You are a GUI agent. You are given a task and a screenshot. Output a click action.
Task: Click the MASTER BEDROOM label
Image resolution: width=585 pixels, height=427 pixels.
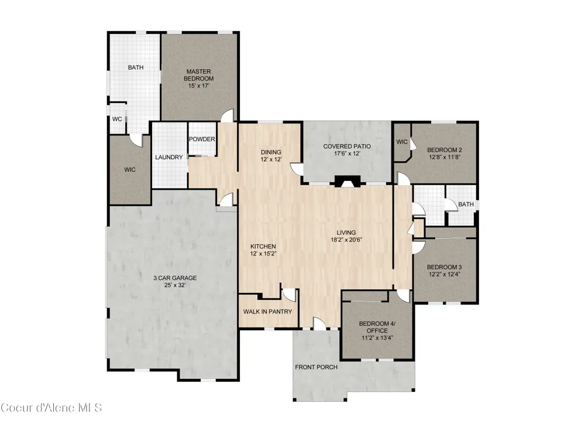tap(198, 75)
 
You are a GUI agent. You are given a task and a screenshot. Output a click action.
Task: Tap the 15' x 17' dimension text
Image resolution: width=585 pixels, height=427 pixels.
tap(198, 86)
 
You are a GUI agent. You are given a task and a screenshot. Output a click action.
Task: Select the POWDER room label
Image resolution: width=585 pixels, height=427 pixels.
tap(202, 139)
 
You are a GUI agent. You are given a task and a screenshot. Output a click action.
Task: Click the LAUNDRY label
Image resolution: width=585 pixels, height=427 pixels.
tap(169, 158)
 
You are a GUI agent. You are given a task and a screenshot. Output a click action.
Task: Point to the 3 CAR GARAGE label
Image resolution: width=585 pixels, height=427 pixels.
tap(175, 278)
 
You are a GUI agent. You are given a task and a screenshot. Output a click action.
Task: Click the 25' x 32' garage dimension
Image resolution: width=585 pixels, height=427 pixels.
tap(175, 285)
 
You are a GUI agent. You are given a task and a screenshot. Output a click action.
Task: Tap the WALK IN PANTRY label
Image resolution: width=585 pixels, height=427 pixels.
tap(267, 312)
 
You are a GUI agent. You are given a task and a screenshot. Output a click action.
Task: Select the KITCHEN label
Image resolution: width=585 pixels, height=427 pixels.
tap(263, 247)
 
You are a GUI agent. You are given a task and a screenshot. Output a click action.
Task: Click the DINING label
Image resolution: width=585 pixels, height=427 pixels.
tap(271, 152)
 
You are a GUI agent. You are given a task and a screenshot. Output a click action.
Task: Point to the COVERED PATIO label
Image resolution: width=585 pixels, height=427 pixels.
tap(347, 146)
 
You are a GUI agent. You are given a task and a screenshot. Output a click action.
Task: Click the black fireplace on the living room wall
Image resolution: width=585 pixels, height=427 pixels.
tap(347, 181)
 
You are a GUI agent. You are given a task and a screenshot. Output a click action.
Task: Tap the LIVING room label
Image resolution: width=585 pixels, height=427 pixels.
tap(346, 233)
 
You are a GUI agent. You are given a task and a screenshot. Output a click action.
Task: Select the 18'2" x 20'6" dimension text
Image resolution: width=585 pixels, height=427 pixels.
tap(346, 240)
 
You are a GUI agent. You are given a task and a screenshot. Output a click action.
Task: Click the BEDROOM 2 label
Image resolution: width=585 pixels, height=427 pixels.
tap(445, 150)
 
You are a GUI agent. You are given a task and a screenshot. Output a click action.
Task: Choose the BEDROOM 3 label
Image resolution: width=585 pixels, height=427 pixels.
tap(445, 267)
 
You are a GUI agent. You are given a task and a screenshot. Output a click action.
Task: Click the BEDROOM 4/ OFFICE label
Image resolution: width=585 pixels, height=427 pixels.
tap(377, 327)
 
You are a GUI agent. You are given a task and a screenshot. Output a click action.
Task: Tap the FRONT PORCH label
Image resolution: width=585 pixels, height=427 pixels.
tap(316, 367)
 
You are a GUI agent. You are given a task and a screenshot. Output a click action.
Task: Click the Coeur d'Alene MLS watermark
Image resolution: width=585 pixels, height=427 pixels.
tap(51, 407)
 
